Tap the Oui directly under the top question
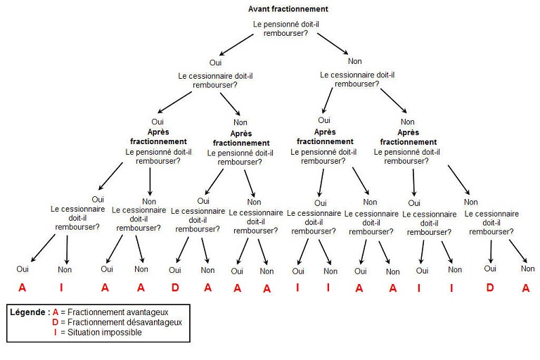tap(215, 63)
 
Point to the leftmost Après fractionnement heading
tap(158, 136)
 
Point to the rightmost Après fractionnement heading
tap(408, 136)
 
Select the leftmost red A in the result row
tap(22, 287)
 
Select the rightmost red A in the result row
tap(525, 287)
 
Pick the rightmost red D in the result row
tap(489, 287)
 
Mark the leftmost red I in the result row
tap(61, 287)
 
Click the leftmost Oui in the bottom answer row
tap(22, 269)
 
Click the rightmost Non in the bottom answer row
tap(527, 269)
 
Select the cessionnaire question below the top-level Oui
tap(214, 80)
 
